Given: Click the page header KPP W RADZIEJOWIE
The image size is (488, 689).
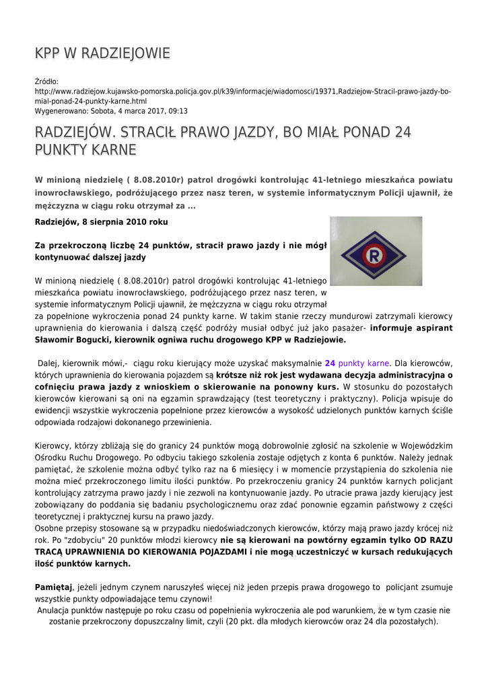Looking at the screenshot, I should (102, 53).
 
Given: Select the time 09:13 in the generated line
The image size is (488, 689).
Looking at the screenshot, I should (178, 111).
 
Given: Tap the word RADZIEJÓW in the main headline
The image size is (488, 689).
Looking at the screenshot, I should (75, 132).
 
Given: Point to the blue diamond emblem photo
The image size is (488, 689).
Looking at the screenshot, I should (376, 251).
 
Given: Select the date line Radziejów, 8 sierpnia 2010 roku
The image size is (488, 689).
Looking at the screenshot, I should (101, 221).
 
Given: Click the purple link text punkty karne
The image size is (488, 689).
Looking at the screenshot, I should (363, 363).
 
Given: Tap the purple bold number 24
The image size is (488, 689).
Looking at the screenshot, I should (330, 363).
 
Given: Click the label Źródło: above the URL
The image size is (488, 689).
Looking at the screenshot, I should (46, 82).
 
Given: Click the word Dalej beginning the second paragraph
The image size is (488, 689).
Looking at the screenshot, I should (49, 363).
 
